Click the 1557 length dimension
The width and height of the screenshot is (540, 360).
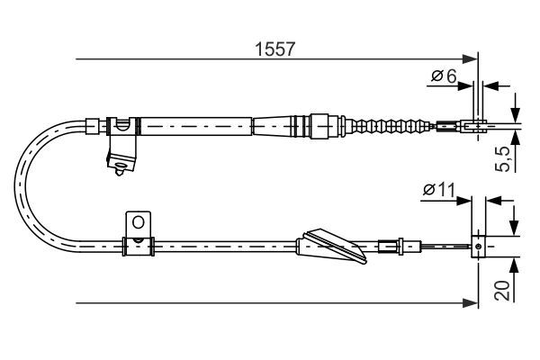(x=274, y=49)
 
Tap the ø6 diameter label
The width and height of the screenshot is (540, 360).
(x=444, y=76)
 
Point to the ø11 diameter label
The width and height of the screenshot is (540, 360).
(x=439, y=190)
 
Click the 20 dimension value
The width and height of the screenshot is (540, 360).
(x=502, y=291)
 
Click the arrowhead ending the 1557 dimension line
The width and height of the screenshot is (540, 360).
(x=470, y=58)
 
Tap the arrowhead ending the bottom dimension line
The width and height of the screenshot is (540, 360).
(x=470, y=303)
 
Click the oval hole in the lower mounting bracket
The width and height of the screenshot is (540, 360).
(x=138, y=222)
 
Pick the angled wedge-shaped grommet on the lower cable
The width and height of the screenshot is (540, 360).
(x=331, y=246)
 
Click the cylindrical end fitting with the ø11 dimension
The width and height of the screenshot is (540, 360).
(x=478, y=247)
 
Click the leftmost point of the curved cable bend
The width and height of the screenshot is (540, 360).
(x=14, y=186)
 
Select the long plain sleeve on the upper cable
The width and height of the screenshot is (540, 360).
(x=196, y=126)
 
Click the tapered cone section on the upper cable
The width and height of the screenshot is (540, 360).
(x=273, y=126)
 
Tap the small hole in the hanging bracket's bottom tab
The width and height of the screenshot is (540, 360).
(x=120, y=165)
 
